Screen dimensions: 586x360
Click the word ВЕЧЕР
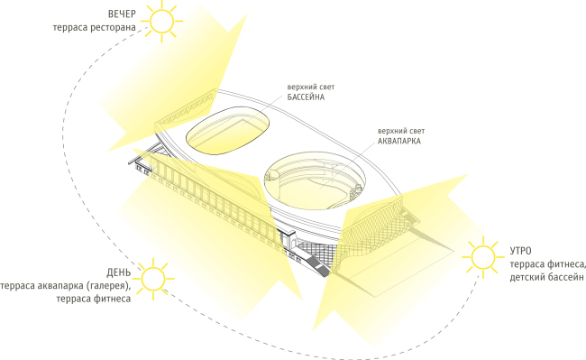(122, 14)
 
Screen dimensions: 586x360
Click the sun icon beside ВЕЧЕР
(162, 22)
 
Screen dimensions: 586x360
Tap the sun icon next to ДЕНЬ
(153, 279)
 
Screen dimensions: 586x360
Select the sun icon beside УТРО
(483, 257)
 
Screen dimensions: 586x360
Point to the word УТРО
(520, 251)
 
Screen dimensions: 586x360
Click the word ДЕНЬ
(119, 272)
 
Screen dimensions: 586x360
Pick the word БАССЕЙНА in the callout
(306, 97)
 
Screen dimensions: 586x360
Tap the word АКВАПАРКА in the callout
(399, 141)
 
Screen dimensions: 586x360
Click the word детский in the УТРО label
(526, 278)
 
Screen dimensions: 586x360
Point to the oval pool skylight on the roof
(227, 131)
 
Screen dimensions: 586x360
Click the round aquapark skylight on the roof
(315, 181)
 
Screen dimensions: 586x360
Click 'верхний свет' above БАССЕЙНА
(311, 88)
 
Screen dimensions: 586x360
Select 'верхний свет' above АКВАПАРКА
(401, 131)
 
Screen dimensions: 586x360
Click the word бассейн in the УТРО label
(564, 278)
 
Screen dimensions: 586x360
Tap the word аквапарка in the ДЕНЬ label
(60, 286)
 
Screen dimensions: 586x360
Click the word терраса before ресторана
(70, 28)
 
